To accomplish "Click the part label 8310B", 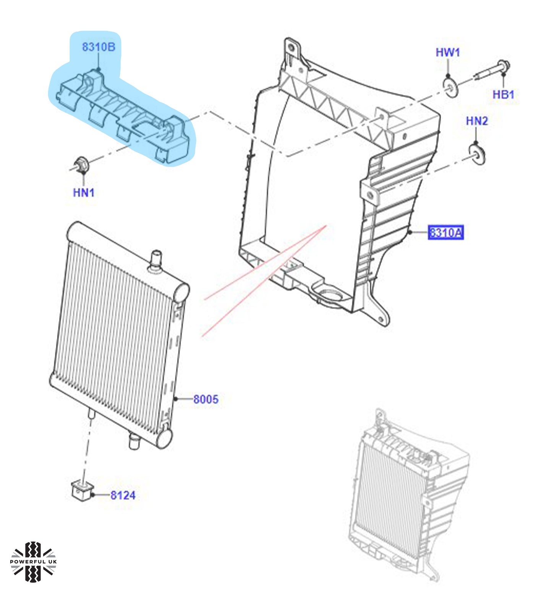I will pyautogui.click(x=98, y=47).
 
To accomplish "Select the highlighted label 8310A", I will pyautogui.click(x=445, y=232).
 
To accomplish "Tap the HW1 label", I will pyautogui.click(x=448, y=52).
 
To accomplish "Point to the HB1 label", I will pyautogui.click(x=503, y=94).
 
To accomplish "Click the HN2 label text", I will pyautogui.click(x=477, y=121).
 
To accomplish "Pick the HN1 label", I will pyautogui.click(x=83, y=192).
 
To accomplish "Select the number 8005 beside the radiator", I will pyautogui.click(x=206, y=399).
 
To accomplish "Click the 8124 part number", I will pyautogui.click(x=123, y=495).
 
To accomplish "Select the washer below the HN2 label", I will pyautogui.click(x=478, y=154).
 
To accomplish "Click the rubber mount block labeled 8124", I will pyautogui.click(x=82, y=490).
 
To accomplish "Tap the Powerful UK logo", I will pyautogui.click(x=33, y=561).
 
